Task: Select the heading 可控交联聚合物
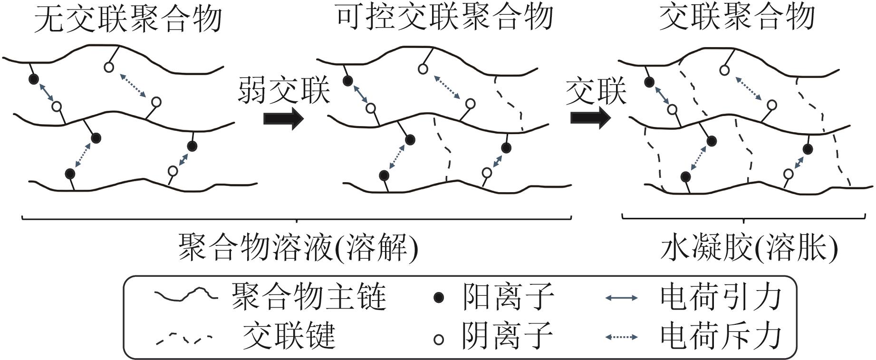point(444,18)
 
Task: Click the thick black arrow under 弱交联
point(283,118)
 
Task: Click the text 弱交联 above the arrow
point(284,90)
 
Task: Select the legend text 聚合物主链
point(308,297)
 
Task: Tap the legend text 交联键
point(289,336)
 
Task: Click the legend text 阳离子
point(508,297)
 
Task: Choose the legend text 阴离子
point(508,336)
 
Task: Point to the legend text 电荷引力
point(721,297)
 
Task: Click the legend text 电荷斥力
point(721,336)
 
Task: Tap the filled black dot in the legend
point(439,298)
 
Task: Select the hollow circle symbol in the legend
point(439,339)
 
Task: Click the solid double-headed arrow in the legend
point(621,298)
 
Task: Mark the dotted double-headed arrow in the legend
point(621,337)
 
